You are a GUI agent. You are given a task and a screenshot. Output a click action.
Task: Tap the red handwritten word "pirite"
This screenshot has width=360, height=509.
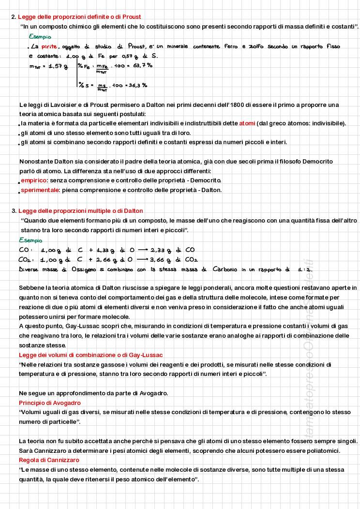point(49,46)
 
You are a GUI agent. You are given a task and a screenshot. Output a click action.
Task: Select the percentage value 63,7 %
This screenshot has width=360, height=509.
point(143,65)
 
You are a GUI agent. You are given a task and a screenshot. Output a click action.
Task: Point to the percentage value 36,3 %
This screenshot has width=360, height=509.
point(138,85)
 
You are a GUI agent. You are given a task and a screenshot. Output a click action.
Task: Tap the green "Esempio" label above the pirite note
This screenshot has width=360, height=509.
point(40,37)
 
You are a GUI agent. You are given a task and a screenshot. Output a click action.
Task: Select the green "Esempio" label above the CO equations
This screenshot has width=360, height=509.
point(30,240)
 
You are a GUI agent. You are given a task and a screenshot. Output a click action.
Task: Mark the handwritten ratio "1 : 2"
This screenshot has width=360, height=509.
point(305,269)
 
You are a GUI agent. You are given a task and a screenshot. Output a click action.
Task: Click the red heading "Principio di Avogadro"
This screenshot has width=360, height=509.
point(50,403)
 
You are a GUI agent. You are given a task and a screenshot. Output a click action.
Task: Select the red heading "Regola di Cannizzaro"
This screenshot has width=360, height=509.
point(49,460)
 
